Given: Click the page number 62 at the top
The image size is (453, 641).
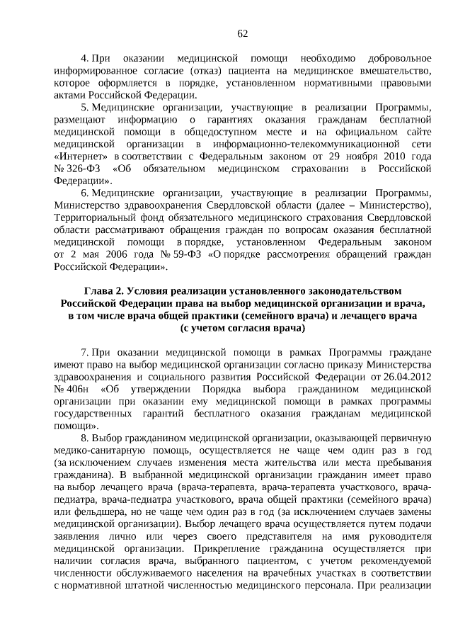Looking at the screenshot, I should [x=242, y=33].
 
